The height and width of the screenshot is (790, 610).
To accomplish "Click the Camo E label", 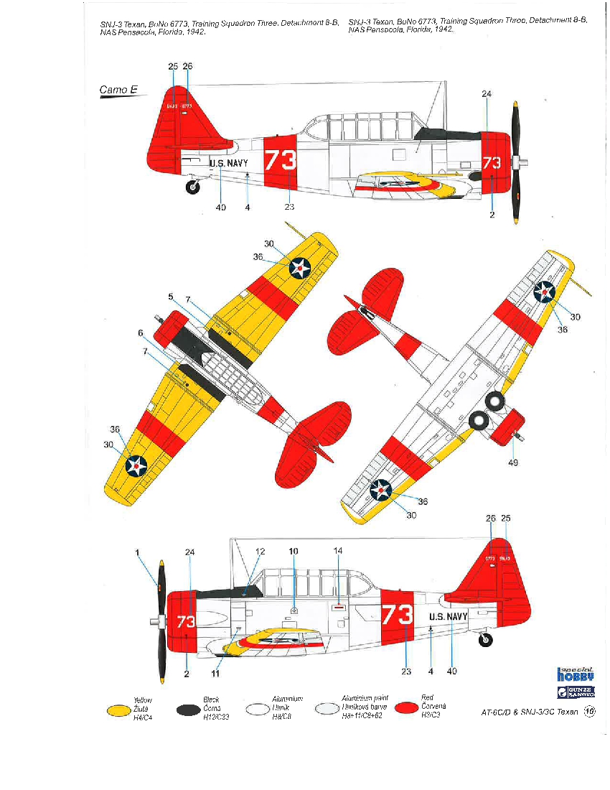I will (118, 90).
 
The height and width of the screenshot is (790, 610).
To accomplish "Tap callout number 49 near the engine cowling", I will (513, 463).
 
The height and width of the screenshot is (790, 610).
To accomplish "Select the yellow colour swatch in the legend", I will (121, 710).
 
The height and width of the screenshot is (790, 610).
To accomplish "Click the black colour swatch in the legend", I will (189, 710).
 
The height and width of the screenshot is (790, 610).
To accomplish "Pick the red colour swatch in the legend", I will (406, 710).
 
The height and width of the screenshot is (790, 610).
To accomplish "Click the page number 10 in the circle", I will (590, 712).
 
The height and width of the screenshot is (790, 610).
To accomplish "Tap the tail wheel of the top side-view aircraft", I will (192, 187).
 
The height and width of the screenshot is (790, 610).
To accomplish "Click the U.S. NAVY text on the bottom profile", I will (449, 616).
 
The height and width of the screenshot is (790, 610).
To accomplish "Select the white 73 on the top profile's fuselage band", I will (280, 160).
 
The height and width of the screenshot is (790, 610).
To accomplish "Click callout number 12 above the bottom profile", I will (260, 551).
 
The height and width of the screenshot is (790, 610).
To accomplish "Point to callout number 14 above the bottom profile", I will (338, 551).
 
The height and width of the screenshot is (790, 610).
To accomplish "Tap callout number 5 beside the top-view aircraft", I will (171, 297).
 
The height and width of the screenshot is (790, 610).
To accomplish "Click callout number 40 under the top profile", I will (220, 208).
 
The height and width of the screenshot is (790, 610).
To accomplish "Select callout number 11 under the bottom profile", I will (215, 674).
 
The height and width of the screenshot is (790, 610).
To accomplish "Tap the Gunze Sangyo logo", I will (576, 692).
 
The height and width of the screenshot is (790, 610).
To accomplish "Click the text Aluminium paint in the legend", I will (365, 698).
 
